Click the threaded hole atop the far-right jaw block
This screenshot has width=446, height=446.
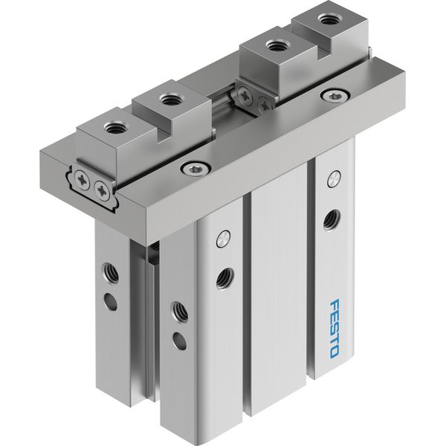point(327,19)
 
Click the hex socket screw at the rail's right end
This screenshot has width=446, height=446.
point(334,96)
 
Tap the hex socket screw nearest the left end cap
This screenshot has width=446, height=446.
point(196,168)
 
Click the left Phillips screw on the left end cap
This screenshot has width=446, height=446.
point(82,180)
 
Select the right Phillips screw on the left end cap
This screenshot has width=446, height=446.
point(102,189)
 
